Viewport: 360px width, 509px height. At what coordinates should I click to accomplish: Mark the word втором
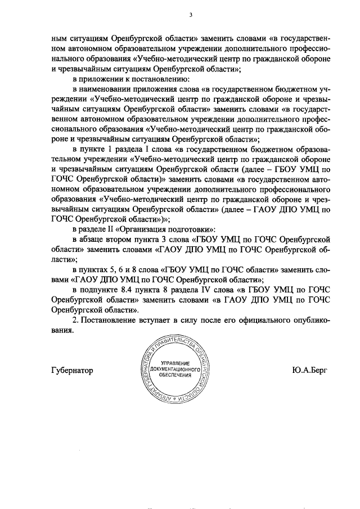point(125,240)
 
